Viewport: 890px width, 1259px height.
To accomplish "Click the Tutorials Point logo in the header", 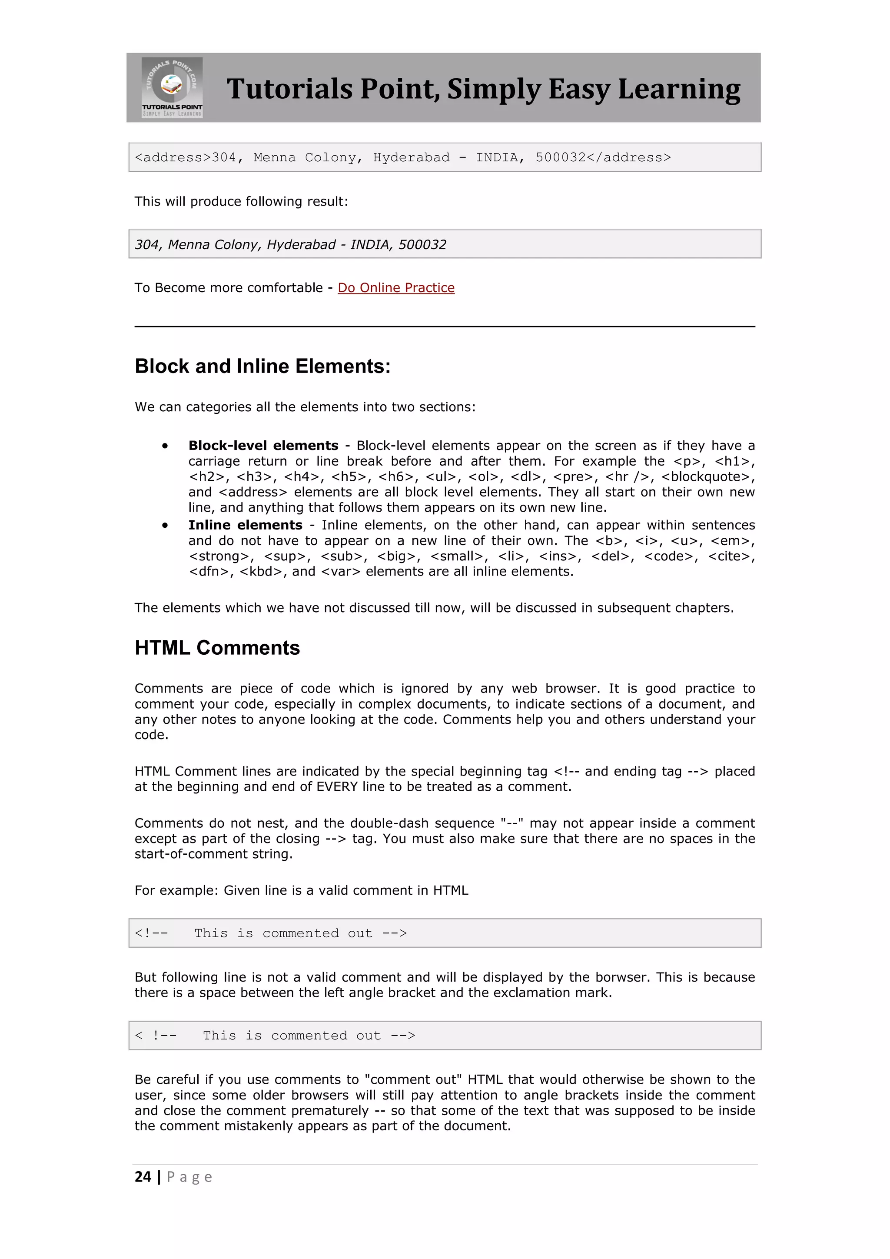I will [172, 87].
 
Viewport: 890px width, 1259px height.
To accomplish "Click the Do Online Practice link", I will [396, 288].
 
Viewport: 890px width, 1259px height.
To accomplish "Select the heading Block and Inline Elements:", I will [262, 366].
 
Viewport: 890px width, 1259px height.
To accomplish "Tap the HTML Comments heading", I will [217, 648].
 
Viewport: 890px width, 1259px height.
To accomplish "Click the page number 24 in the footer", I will [143, 1177].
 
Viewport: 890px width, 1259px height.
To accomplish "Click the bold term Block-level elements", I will [263, 445].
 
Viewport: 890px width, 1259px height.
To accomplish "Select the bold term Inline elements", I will [245, 525].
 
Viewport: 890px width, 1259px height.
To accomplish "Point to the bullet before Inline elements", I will [164, 525].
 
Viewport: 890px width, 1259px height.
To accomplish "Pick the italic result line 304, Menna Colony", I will [290, 245].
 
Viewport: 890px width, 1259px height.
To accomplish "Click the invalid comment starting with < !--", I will [275, 1035].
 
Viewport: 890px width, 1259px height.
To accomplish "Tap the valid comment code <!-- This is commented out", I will [271, 933].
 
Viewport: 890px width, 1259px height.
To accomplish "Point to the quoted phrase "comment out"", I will [416, 1080].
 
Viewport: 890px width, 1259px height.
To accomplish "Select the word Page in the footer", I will [189, 1177].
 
